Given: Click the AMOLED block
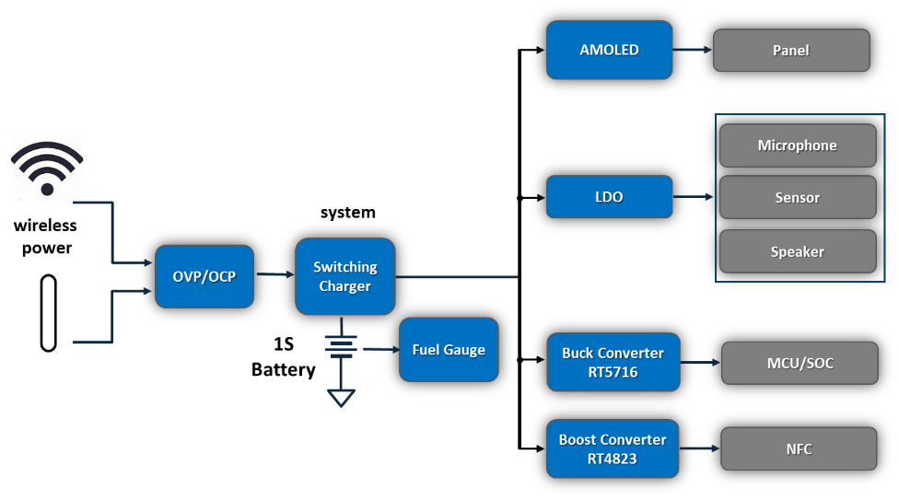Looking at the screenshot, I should tap(609, 50).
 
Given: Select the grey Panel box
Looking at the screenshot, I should tap(790, 51).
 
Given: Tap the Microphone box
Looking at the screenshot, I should tap(797, 145).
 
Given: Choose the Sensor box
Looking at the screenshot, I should tap(797, 198).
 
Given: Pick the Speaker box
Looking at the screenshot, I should tap(797, 251).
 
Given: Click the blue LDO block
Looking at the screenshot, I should tap(609, 197).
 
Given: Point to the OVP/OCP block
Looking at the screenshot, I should tap(204, 276).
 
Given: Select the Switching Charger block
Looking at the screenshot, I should tap(344, 276).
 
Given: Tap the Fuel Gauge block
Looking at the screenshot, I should tap(449, 350).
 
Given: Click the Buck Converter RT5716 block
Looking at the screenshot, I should tap(613, 362).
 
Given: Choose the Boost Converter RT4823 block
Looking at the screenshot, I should tap(612, 449).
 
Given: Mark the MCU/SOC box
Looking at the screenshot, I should tap(800, 363).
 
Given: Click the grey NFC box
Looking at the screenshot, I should tap(799, 449).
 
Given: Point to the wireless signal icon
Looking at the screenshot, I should tap(47, 169).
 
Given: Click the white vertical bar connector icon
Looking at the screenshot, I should tap(49, 313).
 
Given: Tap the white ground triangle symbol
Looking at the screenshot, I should tap(342, 398).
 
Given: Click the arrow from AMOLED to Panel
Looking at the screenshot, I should tap(693, 51).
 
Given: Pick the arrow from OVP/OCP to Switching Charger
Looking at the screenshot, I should tap(274, 274).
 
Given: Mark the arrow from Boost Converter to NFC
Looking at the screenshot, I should tap(700, 448).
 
